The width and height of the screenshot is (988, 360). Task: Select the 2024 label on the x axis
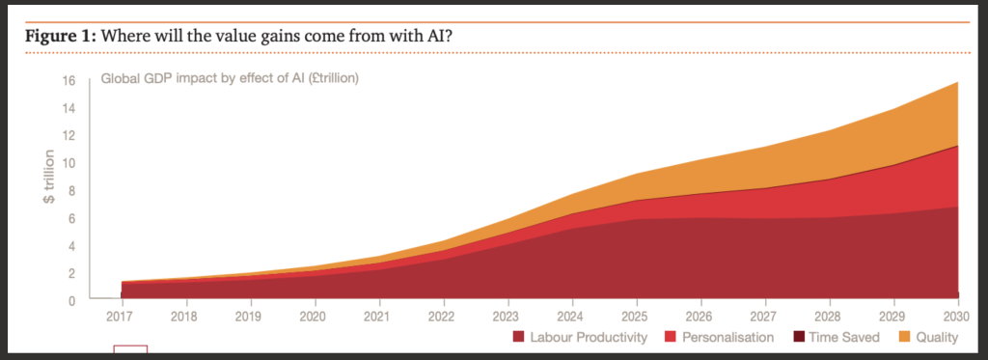point(571,316)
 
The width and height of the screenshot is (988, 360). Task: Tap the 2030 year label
point(958,316)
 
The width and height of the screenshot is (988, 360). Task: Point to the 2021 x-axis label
point(377,316)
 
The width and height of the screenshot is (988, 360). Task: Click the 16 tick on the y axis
point(69,81)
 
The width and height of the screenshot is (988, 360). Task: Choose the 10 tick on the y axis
point(69,163)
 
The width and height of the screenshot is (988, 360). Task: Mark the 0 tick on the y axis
point(71,301)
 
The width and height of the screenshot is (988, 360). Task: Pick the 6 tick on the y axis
point(71,218)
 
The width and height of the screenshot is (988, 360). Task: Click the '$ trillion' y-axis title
point(48,177)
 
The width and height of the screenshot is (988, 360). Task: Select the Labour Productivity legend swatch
point(518,337)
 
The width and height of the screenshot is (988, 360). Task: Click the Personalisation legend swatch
point(672,337)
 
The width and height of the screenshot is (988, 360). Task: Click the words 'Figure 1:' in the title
point(61,36)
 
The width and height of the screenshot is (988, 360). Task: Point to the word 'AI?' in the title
point(440,36)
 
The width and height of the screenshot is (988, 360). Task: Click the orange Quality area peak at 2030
point(958,83)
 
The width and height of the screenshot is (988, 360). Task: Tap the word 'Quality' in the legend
point(937,337)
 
